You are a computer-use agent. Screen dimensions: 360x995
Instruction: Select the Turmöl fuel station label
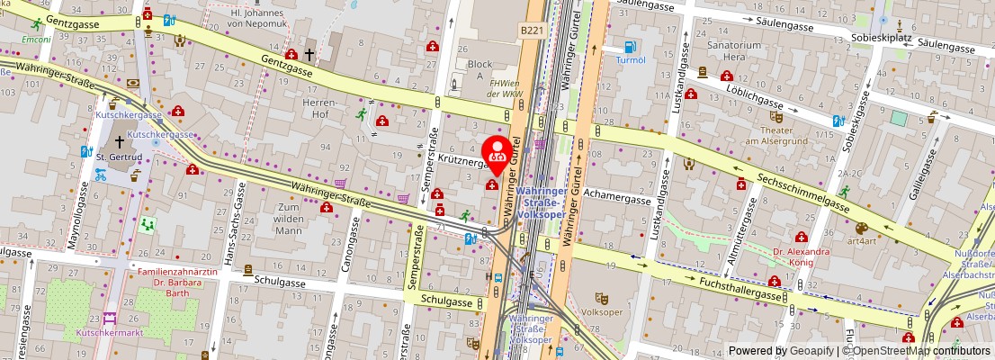(630, 59)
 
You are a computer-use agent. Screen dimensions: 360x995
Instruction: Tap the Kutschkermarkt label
(110, 333)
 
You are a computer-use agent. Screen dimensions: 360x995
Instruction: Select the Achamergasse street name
(616, 200)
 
